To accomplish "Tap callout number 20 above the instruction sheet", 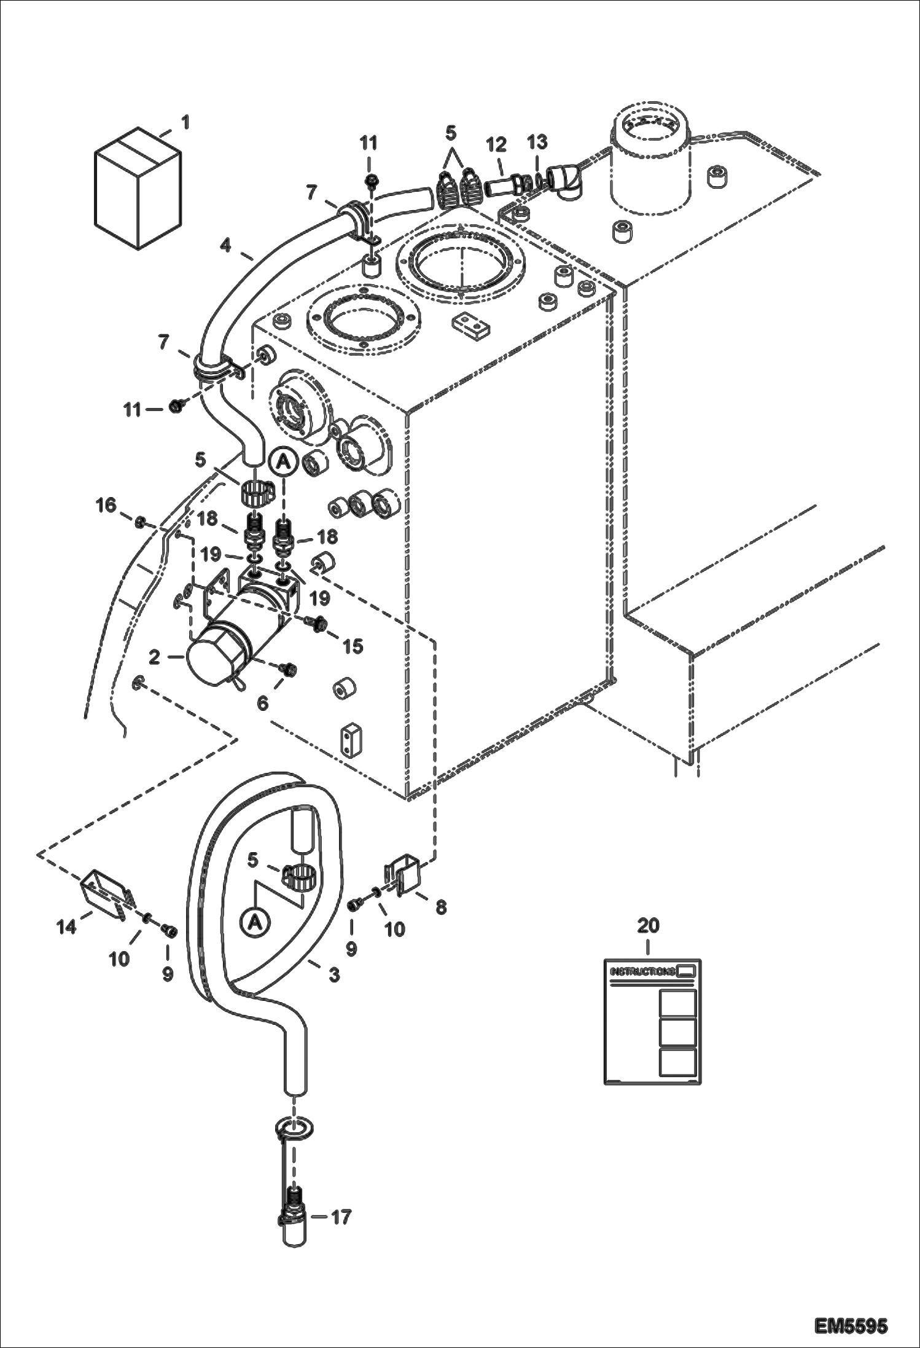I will [x=649, y=925].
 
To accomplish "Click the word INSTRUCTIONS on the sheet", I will [x=641, y=971].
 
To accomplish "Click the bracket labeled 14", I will [x=107, y=893].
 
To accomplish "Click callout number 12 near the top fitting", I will [x=496, y=144].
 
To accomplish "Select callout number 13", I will [x=537, y=143].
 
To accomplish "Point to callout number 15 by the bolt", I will [x=353, y=645].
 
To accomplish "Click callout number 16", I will [x=106, y=506].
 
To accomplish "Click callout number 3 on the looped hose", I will [x=334, y=974].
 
